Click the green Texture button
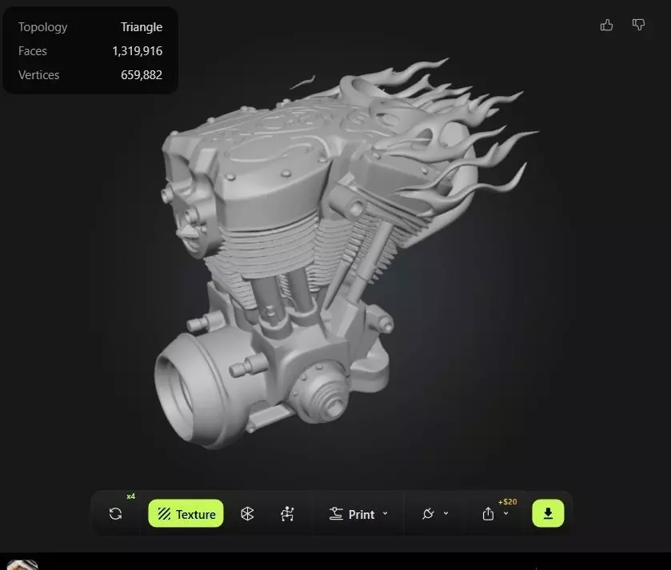tap(186, 514)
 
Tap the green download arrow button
tap(548, 513)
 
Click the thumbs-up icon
tap(606, 25)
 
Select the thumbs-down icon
tap(638, 25)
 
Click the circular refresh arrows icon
tap(115, 514)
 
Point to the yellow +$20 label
tap(507, 502)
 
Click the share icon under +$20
tap(489, 514)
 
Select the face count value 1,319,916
tap(137, 51)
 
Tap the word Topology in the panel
tap(42, 27)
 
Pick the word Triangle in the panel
tap(142, 27)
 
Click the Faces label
tap(33, 51)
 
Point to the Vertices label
tap(38, 75)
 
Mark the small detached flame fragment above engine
tap(302, 82)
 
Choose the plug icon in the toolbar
tap(429, 514)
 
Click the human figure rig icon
tap(287, 514)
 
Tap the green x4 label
tap(131, 496)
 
